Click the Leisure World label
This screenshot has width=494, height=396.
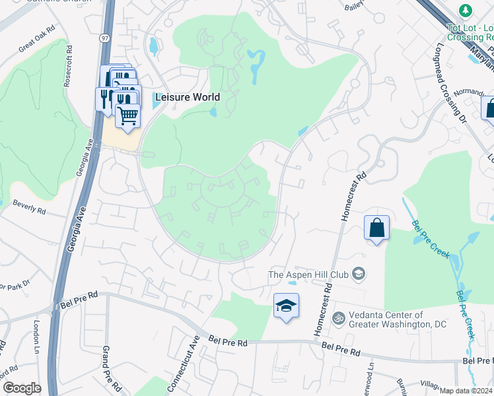[x=187, y=97]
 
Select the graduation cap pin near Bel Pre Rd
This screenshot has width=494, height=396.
[x=286, y=306]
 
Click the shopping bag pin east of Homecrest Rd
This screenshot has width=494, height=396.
[x=376, y=228]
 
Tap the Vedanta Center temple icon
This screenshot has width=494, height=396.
[x=339, y=319]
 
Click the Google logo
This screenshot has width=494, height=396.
[x=21, y=389]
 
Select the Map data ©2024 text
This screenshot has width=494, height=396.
[x=466, y=391]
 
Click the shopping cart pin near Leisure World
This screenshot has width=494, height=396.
[x=128, y=115]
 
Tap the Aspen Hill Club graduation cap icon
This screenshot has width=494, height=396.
[x=359, y=274]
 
